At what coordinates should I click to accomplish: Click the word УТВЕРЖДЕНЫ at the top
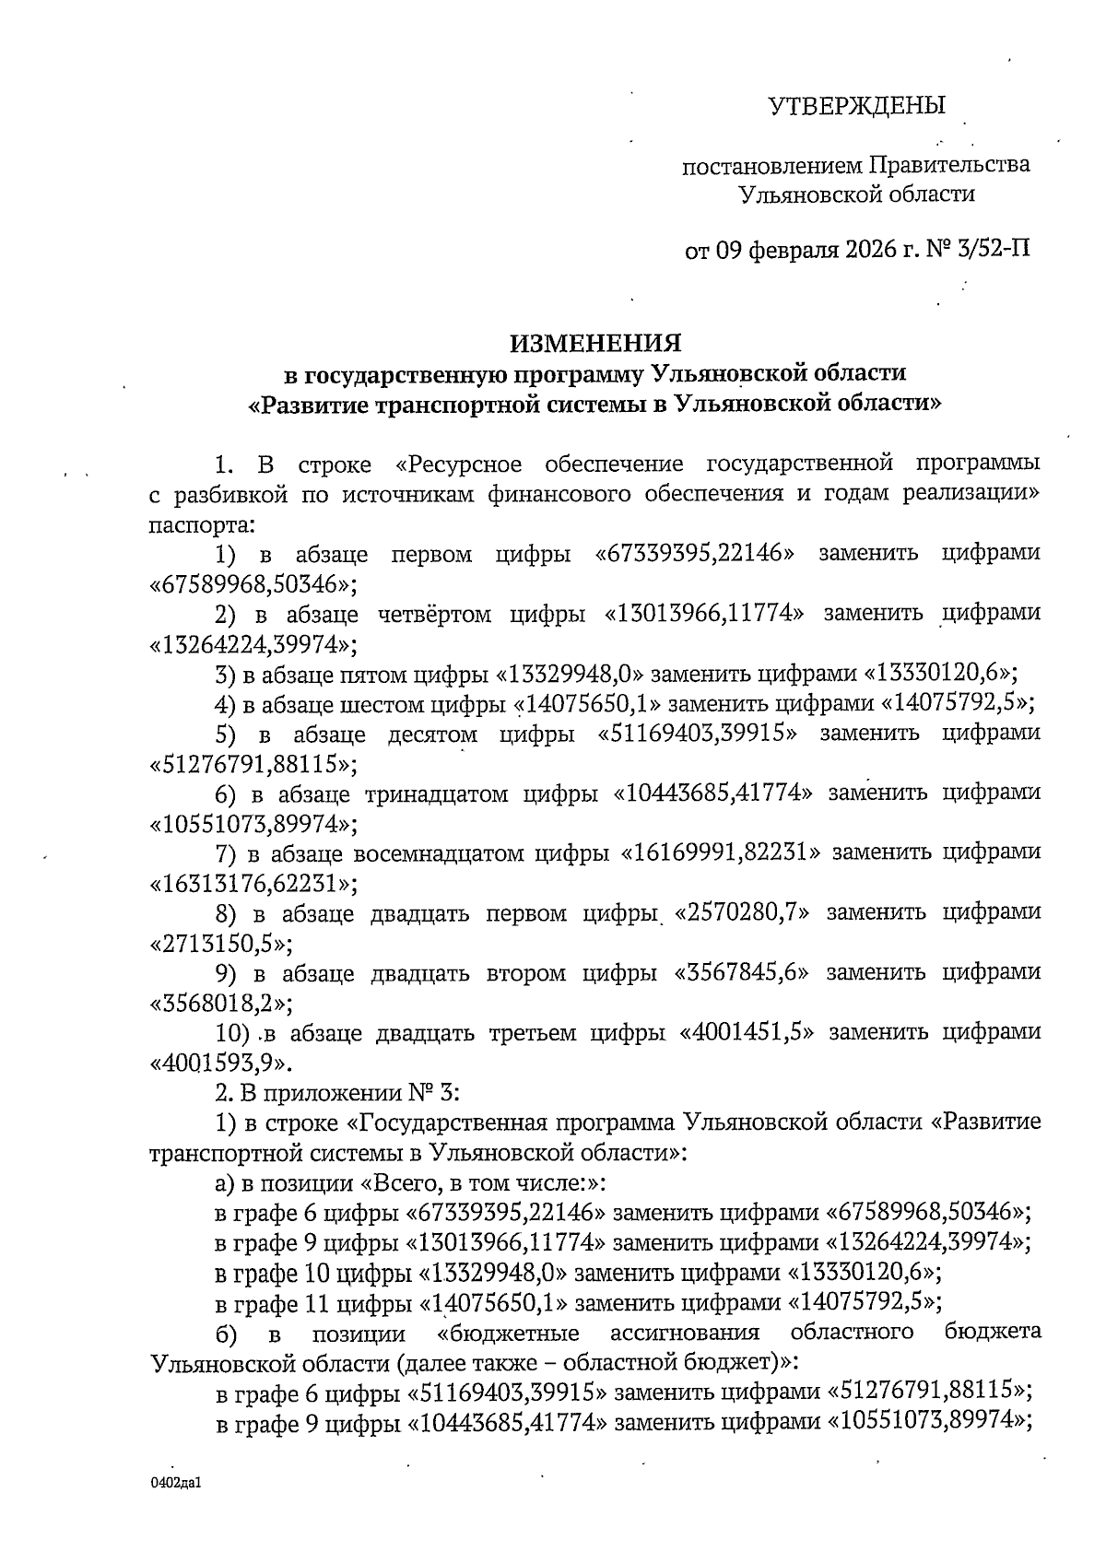[857, 105]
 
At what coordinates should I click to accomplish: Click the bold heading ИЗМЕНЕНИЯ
[596, 344]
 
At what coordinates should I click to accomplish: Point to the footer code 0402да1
[175, 1485]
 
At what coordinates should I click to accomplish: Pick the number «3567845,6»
[743, 972]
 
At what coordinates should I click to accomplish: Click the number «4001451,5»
[747, 1032]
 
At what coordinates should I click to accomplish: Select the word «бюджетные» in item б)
[510, 1333]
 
